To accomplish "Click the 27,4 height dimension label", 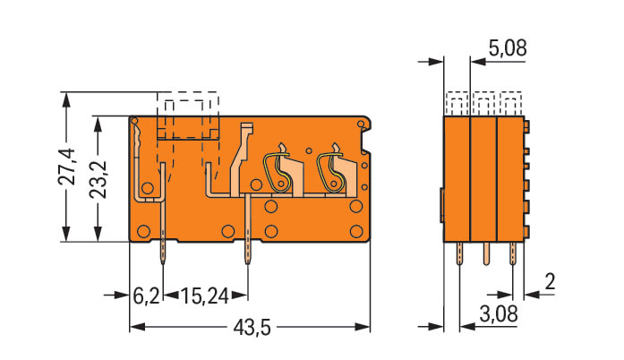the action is click(67, 167).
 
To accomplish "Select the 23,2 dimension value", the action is click(98, 179).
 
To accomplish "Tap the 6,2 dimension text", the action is click(146, 296).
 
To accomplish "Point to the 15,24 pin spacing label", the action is click(205, 296).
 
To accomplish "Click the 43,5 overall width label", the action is click(252, 328).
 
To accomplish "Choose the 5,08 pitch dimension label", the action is click(508, 48).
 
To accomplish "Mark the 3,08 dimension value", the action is click(499, 313).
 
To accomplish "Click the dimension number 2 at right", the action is click(550, 282).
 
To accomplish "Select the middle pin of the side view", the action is click(486, 253).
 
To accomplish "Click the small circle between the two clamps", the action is click(309, 151).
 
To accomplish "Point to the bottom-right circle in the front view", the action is click(356, 231).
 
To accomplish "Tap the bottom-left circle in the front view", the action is click(143, 231).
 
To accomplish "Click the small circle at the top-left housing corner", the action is click(134, 121).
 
